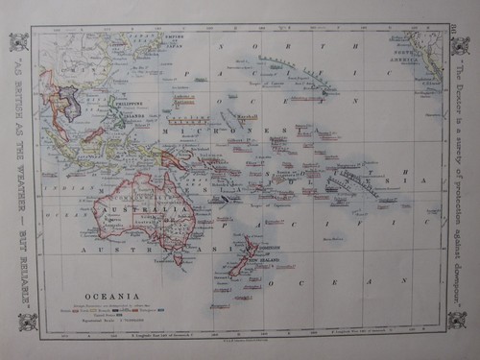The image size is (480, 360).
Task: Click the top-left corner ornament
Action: (18, 42)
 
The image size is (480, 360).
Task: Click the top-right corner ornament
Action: (462, 43)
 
